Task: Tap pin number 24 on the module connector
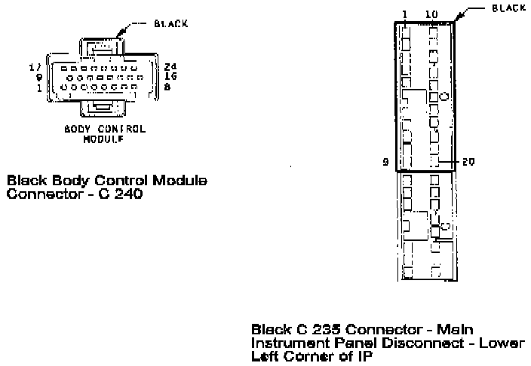170,67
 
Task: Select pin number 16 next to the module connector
170,77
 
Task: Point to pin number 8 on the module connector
167,87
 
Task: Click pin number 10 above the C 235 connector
431,14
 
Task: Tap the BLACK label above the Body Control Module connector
170,23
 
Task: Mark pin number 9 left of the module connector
40,77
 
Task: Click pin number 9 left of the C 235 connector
385,161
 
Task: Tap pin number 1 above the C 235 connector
405,14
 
